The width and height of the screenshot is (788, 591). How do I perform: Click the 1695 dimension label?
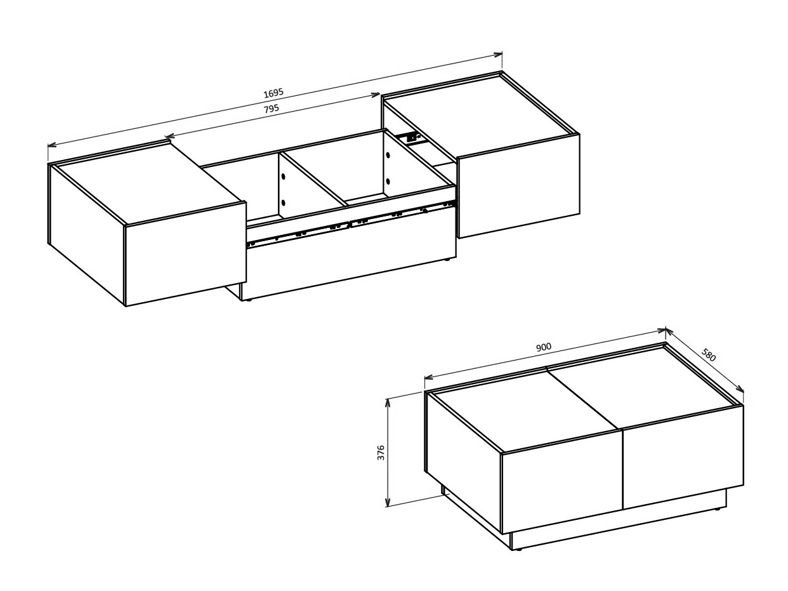pos(273,93)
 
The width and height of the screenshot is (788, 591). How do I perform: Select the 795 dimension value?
pos(271,108)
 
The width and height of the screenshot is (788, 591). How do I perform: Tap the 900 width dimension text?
pos(543,347)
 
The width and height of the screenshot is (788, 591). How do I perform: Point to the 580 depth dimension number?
pos(709,355)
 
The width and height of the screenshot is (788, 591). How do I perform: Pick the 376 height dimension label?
pos(381,452)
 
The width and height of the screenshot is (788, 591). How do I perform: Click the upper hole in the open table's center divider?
pos(283,175)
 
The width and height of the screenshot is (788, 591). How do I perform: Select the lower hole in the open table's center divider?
pos(283,203)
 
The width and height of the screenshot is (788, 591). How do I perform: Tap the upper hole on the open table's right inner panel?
pos(387,154)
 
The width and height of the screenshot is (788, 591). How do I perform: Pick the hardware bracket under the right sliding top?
pos(409,136)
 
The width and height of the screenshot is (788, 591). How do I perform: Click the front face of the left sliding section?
pos(185,254)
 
